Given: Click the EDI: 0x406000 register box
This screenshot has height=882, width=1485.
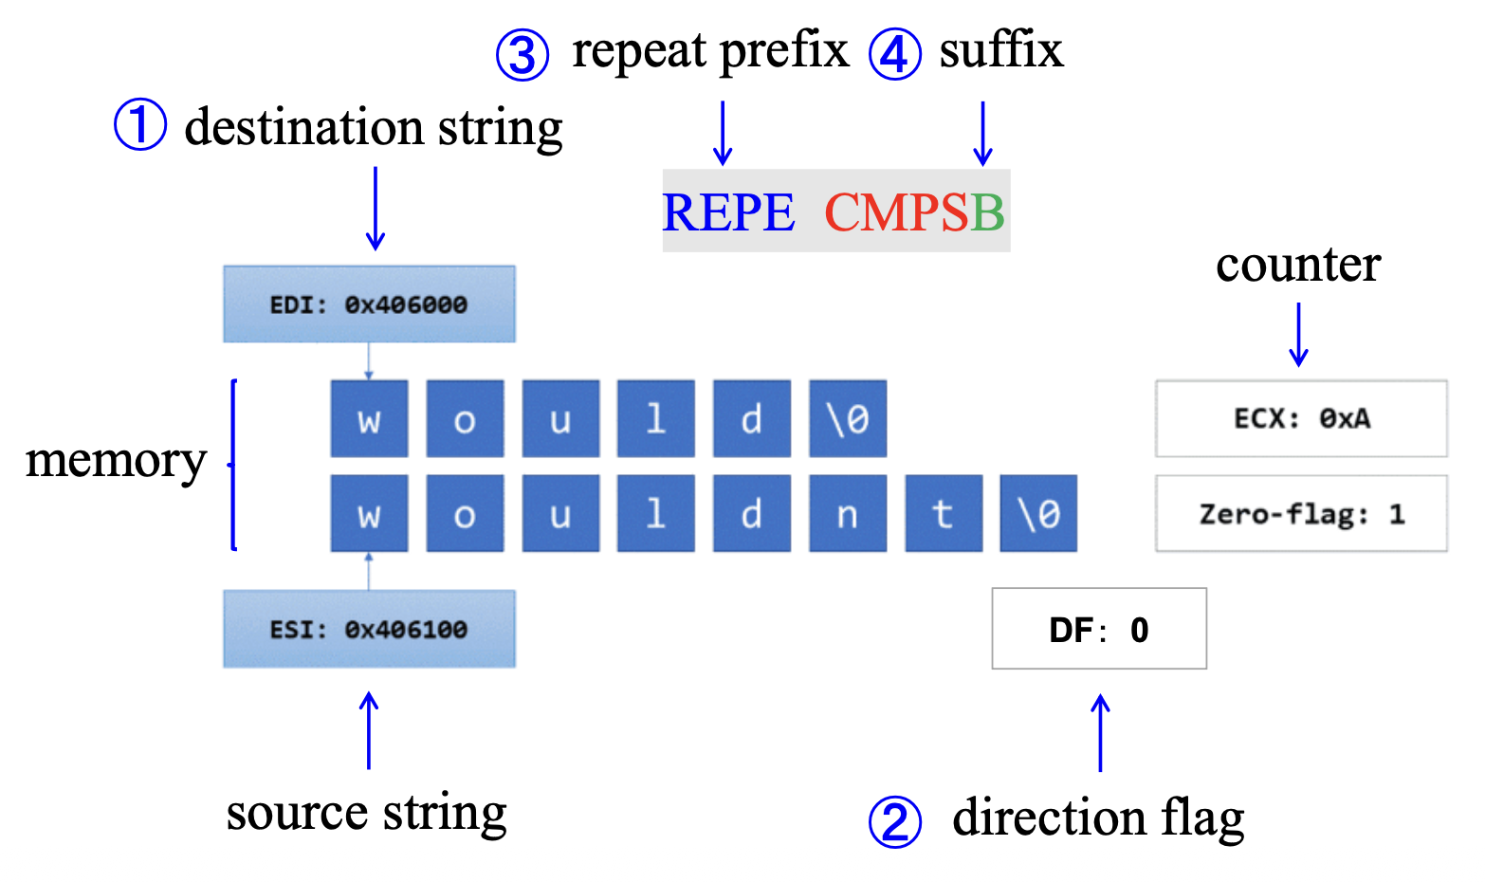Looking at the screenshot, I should (x=369, y=304).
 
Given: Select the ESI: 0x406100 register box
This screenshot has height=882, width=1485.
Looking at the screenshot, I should (x=369, y=630).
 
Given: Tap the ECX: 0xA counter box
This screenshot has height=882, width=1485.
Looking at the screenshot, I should (x=1301, y=419).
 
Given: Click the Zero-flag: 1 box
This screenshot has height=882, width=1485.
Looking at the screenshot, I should (x=1301, y=514).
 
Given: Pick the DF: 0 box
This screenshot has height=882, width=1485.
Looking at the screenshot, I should (x=1099, y=630).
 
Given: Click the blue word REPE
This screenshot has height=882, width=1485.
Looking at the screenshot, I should (x=728, y=212).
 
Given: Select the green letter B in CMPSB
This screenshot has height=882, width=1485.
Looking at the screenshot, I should (x=987, y=212).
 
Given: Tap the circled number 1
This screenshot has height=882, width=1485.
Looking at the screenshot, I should (x=140, y=125).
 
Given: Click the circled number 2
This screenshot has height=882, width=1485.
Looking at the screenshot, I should (x=894, y=821).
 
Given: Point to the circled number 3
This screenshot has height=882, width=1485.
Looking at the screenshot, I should (x=522, y=54).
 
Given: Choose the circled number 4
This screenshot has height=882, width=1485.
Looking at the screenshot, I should (x=894, y=54).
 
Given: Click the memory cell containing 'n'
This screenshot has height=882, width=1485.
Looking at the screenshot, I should (x=848, y=514).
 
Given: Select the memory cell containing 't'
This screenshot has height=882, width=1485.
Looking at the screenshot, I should (x=944, y=514).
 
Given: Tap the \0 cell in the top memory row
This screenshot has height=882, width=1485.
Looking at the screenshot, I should (x=848, y=419).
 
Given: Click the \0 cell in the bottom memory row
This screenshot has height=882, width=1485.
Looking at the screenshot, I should (x=1038, y=514).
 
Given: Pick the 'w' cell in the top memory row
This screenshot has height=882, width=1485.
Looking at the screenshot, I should (x=369, y=419).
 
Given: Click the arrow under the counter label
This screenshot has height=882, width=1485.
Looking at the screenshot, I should (x=1298, y=335).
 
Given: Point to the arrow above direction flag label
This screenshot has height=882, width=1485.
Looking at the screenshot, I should (x=1100, y=732).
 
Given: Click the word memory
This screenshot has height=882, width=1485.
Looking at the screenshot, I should (x=116, y=462).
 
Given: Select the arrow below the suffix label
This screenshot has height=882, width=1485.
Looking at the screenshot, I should (x=983, y=134).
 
